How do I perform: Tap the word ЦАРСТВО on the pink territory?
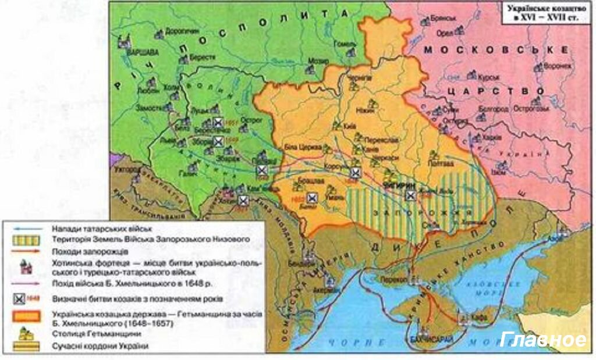point(501,92)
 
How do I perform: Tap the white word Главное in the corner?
point(542,340)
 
